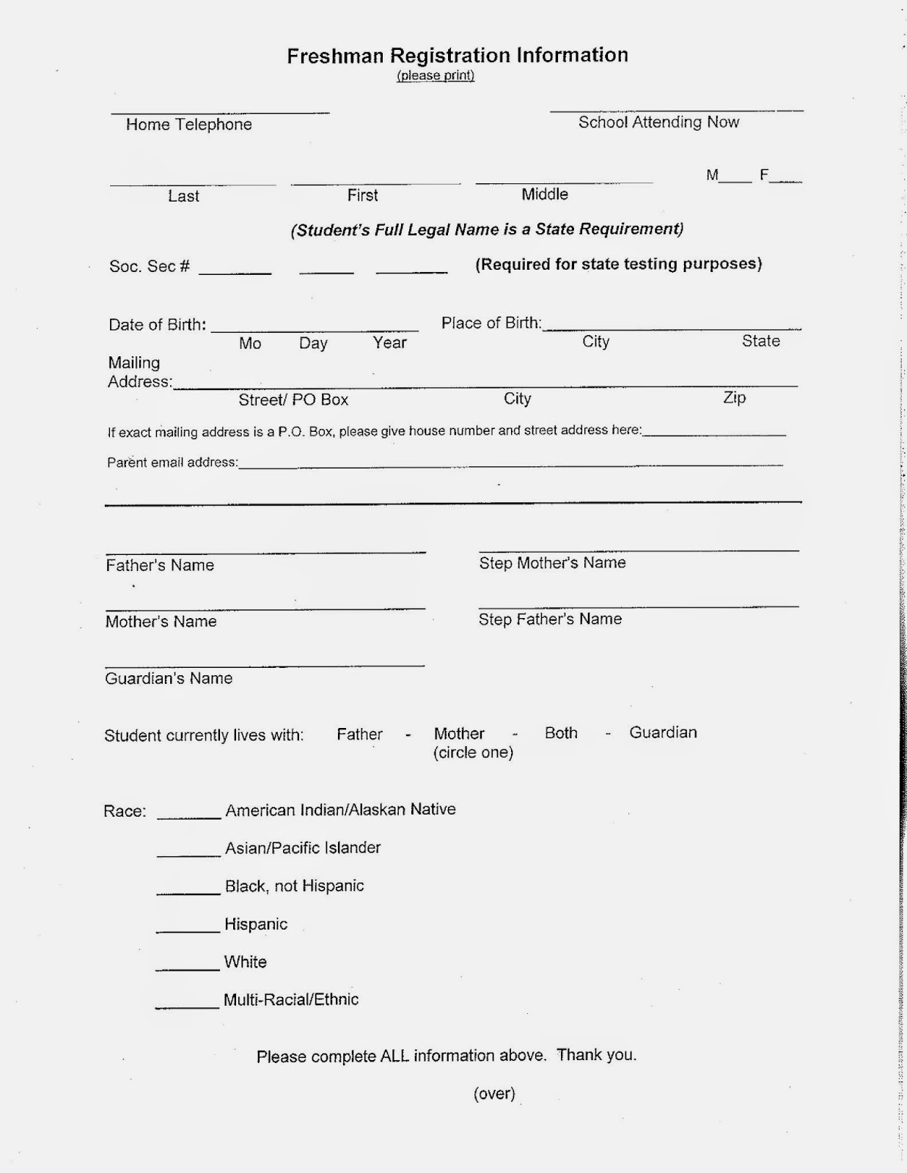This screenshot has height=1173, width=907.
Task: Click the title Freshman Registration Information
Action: click(457, 56)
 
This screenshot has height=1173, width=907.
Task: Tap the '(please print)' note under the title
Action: click(436, 76)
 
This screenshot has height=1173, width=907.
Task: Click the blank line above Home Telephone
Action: click(220, 111)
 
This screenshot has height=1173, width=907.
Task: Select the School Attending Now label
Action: click(658, 122)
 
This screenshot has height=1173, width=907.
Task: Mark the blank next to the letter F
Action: click(787, 179)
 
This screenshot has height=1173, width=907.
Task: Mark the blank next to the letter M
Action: click(736, 179)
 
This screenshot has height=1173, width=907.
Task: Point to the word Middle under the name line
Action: click(545, 194)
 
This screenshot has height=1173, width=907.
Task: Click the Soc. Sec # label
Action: click(150, 267)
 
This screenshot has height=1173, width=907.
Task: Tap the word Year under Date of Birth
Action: click(389, 342)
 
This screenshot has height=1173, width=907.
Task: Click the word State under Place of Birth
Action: click(760, 341)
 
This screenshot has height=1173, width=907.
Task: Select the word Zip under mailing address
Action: click(734, 397)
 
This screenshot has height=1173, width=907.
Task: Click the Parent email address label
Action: click(172, 463)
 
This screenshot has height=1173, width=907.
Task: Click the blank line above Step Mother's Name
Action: click(638, 548)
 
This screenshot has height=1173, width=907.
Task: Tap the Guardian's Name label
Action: click(169, 679)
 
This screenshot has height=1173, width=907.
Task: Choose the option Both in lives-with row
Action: click(561, 733)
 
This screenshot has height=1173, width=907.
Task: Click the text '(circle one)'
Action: click(473, 753)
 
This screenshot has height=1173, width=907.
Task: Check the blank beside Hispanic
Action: click(188, 930)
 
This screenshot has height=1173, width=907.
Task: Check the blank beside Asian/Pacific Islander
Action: click(188, 853)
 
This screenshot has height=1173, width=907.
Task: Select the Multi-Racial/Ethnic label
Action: click(291, 999)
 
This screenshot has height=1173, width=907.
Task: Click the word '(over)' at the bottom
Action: click(494, 1094)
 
